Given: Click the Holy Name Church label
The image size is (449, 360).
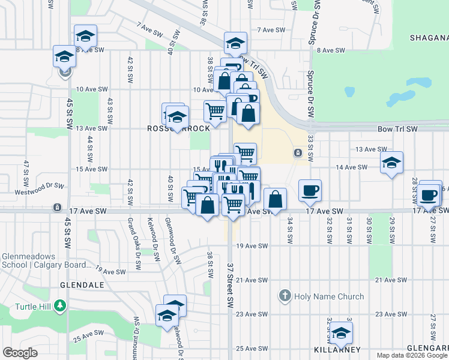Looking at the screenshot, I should pyautogui.click(x=329, y=296).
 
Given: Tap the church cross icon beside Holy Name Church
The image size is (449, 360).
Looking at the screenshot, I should pyautogui.click(x=285, y=296).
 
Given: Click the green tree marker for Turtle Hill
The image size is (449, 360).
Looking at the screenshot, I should pyautogui.click(x=59, y=306).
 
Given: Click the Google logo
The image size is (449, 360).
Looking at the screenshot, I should pyautogui.click(x=20, y=353).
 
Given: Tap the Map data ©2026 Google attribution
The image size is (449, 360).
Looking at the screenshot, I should pyautogui.click(x=412, y=355).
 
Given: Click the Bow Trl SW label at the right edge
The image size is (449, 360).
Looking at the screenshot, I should pyautogui.click(x=397, y=129).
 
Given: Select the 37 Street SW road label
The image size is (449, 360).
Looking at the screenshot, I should pyautogui.click(x=230, y=286).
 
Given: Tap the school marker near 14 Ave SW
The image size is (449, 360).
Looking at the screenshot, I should pyautogui.click(x=391, y=163).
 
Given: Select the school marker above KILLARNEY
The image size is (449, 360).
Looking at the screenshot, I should pyautogui.click(x=341, y=332).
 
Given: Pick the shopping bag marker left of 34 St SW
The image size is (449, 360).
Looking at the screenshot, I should pyautogui.click(x=275, y=199).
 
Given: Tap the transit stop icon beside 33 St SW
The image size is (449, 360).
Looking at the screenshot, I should pyautogui.click(x=297, y=153).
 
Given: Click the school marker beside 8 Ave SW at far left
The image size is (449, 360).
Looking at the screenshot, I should pyautogui.click(x=64, y=57).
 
